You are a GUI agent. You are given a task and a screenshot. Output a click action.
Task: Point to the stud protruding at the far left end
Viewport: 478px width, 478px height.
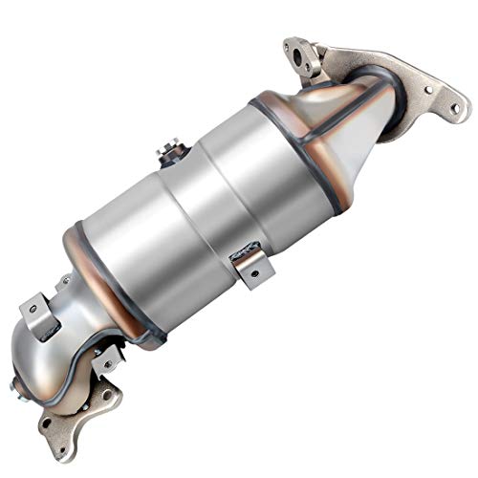click(x=16, y=387)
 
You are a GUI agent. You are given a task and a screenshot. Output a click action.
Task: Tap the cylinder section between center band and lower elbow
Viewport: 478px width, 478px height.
click(x=143, y=249)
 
